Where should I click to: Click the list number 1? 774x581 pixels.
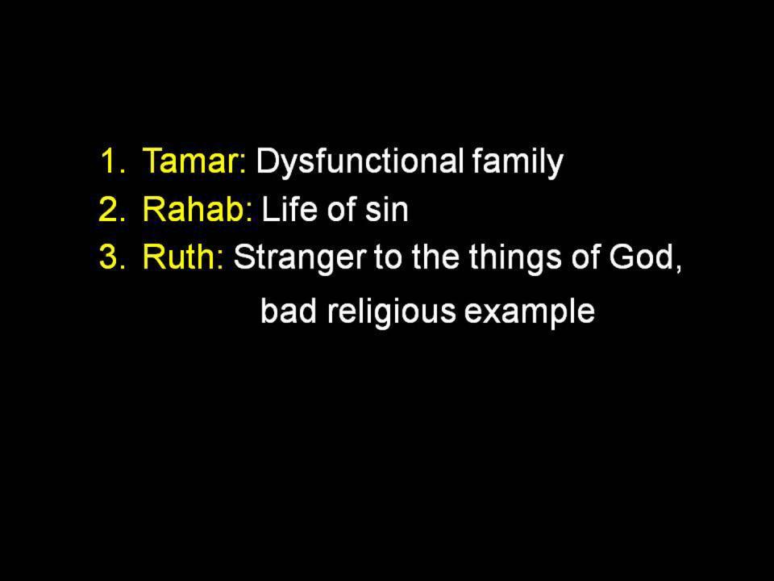[x=113, y=161]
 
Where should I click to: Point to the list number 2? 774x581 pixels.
[x=112, y=209]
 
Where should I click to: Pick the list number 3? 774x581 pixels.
[x=112, y=257]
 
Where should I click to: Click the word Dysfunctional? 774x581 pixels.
[x=360, y=161]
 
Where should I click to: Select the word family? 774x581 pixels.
[x=518, y=161]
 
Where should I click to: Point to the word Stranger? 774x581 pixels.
[x=300, y=258]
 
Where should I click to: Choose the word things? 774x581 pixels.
[x=515, y=258]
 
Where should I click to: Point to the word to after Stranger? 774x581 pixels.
[x=388, y=258]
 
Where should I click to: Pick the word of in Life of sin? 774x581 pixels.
[x=342, y=209]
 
